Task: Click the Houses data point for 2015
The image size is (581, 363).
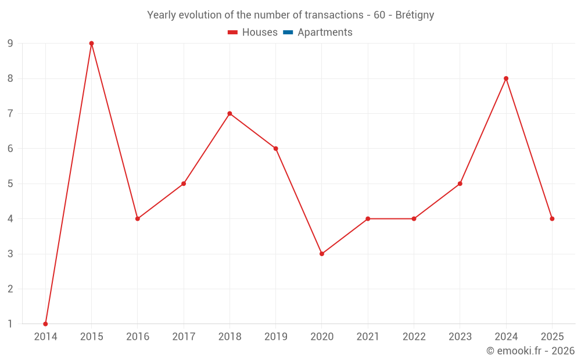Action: coord(91,44)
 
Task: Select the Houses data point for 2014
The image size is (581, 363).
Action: coord(45,324)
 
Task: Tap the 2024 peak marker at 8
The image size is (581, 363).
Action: coord(506,78)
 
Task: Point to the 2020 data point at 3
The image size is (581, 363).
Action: coord(322,254)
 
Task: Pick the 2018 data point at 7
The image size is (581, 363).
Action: coord(229,113)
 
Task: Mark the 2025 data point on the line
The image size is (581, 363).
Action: coord(552,219)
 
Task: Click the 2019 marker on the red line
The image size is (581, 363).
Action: coord(275,149)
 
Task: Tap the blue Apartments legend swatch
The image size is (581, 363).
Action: coord(288,33)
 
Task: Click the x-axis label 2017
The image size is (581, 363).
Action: coord(184,336)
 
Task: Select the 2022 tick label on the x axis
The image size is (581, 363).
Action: coord(414,336)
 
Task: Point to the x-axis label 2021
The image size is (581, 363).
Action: coord(368,336)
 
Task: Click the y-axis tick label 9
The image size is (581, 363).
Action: coord(10,44)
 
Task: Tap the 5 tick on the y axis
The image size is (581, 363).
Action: coord(10,184)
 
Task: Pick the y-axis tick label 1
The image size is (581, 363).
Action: coord(10,324)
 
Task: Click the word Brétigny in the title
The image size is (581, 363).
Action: coord(414,15)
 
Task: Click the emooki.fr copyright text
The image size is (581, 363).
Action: coord(530,351)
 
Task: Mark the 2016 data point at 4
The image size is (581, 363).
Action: coord(138,219)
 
